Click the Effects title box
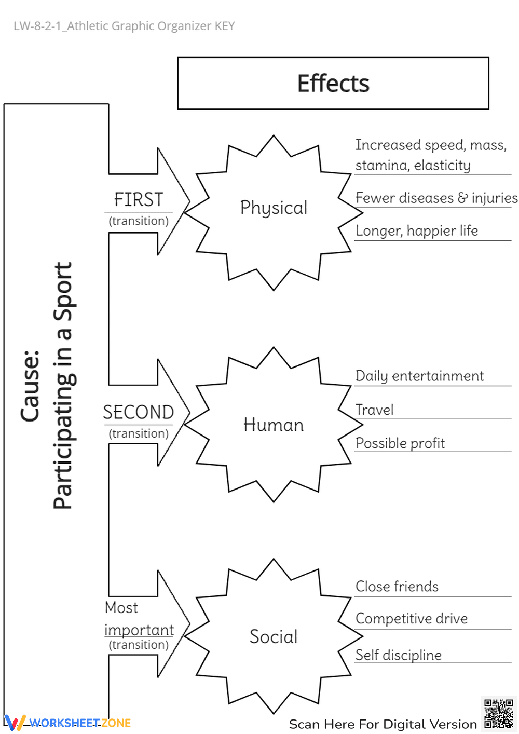point(333,83)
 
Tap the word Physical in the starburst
point(274,208)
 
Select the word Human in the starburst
point(274,425)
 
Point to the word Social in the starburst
point(274,636)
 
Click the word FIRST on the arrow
point(139,199)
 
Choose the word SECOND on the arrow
point(139,412)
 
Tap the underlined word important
point(139,630)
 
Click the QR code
point(498,714)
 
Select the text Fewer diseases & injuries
point(436,198)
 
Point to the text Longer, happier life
point(416,230)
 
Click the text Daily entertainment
point(419,376)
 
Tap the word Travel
point(374,410)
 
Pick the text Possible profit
point(400,443)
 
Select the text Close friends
point(397,586)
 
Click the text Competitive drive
point(411,618)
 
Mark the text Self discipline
point(398,655)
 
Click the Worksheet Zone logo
point(67,723)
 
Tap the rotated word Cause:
point(30,386)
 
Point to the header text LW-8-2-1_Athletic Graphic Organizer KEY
point(124,26)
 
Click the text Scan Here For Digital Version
point(383,724)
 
